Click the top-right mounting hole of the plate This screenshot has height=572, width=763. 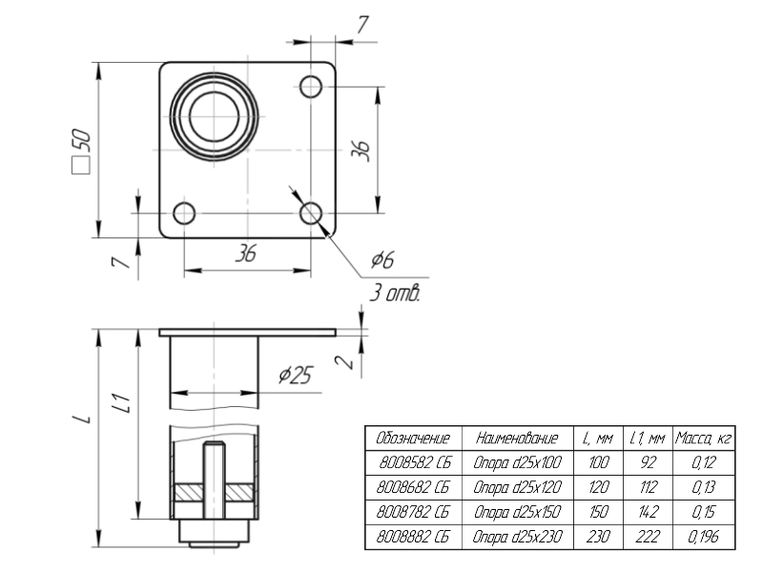311,87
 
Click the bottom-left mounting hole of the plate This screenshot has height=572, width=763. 184,212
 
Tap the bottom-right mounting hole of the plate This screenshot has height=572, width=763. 311,212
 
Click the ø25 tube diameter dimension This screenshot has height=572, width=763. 295,376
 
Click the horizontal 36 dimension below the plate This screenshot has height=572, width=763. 246,254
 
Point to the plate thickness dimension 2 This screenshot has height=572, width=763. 349,361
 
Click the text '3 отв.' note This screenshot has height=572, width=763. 394,292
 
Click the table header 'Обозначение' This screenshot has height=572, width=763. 412,439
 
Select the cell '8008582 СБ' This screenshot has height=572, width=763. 412,463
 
